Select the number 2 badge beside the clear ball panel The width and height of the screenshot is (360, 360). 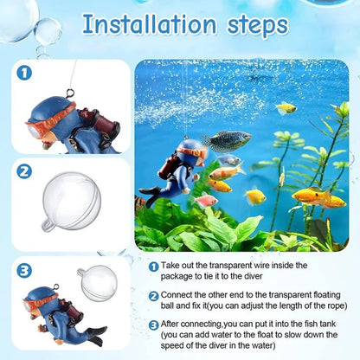[24, 171]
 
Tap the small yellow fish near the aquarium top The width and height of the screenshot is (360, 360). [286, 108]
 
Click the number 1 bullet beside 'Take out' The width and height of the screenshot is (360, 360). [153, 268]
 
